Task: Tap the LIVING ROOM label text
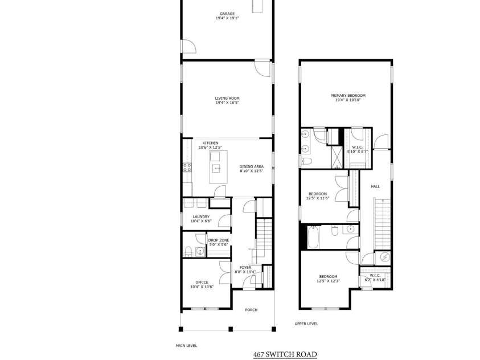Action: pos(227,100)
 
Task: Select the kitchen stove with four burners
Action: pos(186,167)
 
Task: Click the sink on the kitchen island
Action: pos(217,169)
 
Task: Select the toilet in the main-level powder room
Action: pos(189,251)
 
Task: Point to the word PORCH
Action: pos(251,310)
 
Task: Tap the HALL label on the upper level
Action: pos(375,186)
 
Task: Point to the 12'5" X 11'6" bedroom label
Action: pos(318,195)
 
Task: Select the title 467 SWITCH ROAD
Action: pos(285,354)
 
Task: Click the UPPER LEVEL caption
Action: pos(306,324)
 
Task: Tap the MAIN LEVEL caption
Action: pos(186,345)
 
